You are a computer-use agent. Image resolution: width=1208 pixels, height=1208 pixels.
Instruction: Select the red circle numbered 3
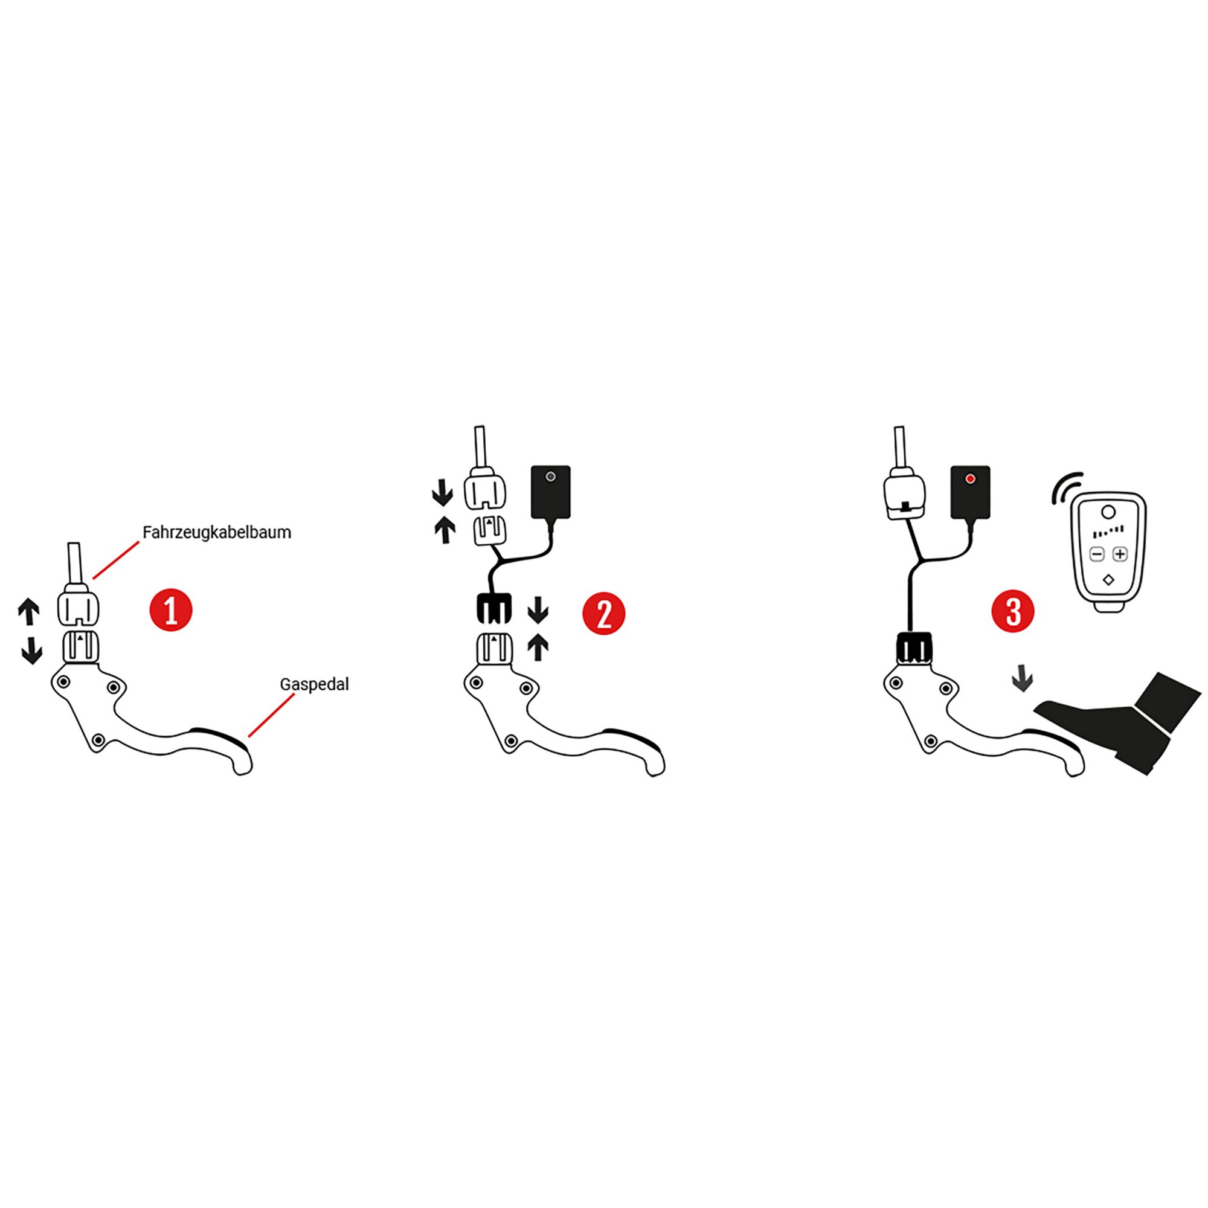[x=1013, y=611]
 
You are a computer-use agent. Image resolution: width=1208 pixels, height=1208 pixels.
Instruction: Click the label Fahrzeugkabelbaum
[x=216, y=533]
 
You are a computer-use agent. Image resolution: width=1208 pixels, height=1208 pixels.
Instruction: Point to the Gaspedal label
[x=314, y=684]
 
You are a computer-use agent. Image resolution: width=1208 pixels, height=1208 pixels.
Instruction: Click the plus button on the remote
[x=1120, y=554]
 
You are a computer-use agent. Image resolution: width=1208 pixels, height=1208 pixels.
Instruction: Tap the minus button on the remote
[x=1097, y=554]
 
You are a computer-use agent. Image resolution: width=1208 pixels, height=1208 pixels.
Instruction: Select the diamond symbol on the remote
[x=1108, y=580]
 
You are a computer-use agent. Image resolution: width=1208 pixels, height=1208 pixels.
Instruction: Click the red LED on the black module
[x=971, y=479]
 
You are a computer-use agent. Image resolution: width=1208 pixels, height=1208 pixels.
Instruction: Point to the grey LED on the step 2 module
[x=550, y=477]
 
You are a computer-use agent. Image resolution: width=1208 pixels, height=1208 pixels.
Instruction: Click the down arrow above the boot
[x=1023, y=679]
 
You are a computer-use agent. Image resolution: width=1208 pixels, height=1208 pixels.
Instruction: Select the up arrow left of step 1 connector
[x=29, y=611]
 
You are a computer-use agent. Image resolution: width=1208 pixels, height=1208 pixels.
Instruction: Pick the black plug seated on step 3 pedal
[x=914, y=647]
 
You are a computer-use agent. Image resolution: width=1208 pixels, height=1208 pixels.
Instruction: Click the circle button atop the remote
[x=1108, y=513]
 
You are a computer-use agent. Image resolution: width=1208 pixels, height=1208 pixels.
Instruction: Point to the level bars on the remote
[x=1108, y=532]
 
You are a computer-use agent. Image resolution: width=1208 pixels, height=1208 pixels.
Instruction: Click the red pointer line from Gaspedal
[x=271, y=715]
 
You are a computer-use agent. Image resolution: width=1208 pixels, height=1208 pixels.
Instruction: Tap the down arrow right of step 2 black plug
[x=538, y=609]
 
